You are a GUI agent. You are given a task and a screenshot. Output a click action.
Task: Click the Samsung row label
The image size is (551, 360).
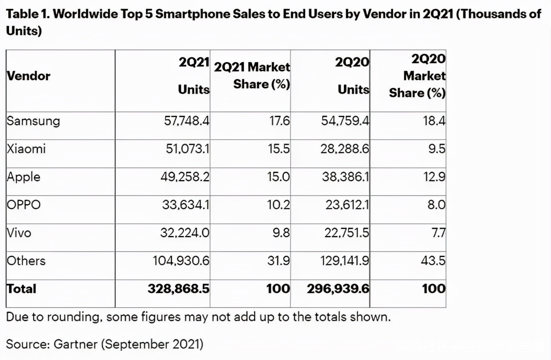[33, 121]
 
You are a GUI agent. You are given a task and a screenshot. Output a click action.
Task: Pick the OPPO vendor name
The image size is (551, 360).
[23, 205]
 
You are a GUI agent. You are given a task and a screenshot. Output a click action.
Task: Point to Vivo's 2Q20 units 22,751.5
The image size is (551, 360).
[347, 233]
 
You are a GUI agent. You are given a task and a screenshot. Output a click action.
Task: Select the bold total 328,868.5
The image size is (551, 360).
[179, 289]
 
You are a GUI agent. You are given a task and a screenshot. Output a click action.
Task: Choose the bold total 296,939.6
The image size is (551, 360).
[338, 289]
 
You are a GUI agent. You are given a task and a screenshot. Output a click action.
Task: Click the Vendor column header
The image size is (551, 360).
[28, 76]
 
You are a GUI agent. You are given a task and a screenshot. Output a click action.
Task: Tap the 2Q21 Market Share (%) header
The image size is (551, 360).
[252, 75]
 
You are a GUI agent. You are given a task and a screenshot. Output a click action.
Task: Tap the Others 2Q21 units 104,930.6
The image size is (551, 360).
[181, 261]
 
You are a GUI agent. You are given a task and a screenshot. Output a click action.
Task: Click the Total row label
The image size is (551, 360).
[22, 289]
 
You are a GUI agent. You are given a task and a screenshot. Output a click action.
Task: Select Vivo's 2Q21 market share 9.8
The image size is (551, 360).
[281, 233]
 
